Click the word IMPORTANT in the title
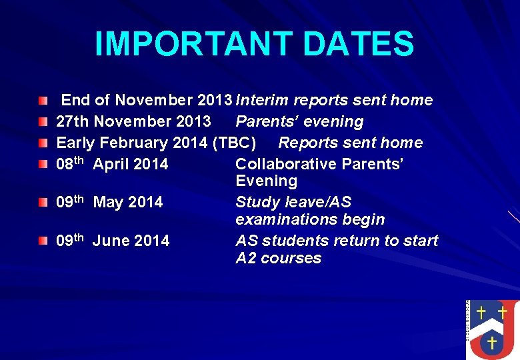193,44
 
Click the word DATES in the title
358,44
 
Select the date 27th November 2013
133,122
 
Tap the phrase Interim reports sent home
334,101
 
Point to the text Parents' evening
299,122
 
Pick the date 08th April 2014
112,165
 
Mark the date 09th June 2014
113,241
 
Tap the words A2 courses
278,259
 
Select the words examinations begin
310,220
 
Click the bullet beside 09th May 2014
43,202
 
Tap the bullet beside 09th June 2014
43,240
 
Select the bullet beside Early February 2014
43,143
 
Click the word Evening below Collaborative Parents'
266,181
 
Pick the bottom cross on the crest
491,343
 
